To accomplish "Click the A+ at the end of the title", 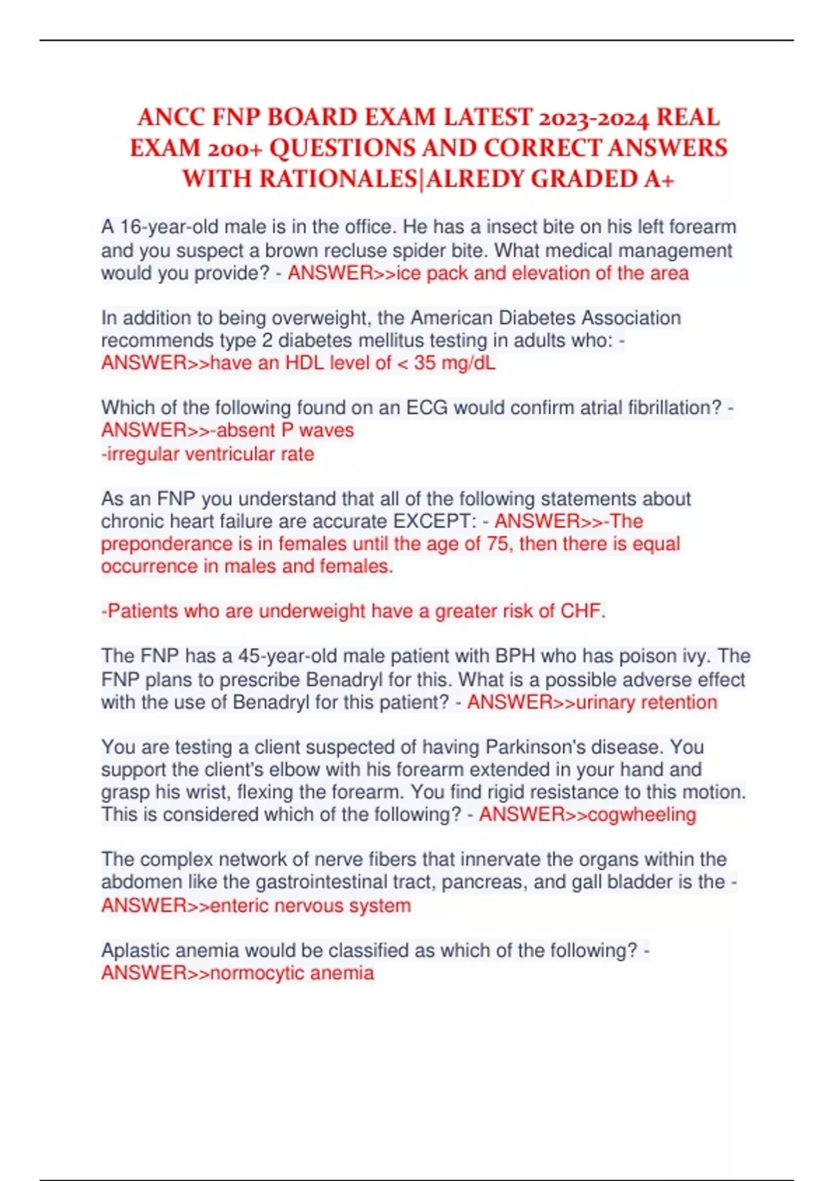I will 659,179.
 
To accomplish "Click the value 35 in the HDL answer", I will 425,363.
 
